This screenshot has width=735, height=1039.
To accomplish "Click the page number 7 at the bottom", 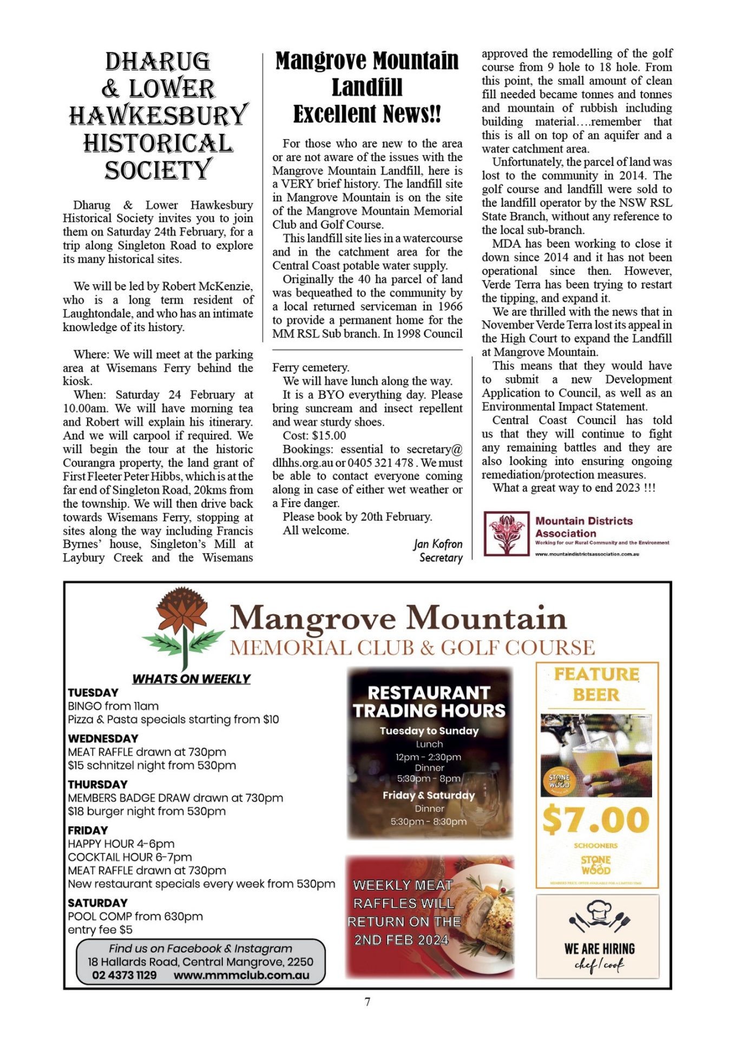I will pos(367,1002).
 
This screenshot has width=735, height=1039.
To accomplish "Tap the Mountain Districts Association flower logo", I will pos(506,534).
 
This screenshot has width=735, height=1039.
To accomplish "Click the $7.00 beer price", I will pos(596,820).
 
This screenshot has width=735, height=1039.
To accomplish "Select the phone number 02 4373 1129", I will pos(124,975).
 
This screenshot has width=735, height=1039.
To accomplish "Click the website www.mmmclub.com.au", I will pos(241,975).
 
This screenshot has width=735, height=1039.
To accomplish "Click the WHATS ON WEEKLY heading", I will pos(191,679).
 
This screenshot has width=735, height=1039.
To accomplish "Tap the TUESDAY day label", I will pos(93,693).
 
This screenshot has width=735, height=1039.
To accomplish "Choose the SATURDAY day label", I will pos(97,903).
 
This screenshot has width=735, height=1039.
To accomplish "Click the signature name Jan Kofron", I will pos(438,544).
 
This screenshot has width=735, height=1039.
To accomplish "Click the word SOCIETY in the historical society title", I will pos(158,170).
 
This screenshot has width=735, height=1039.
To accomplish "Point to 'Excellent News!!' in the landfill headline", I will pos(367,114).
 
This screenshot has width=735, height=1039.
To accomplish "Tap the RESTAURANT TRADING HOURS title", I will pos(429,701).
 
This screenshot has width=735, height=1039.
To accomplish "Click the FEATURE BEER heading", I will pos(596,684).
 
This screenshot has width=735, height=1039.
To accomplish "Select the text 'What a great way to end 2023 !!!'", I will pos(574,488).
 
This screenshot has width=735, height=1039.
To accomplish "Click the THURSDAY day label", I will pos(97,784).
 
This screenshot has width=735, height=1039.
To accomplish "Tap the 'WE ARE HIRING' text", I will pos(599,949).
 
